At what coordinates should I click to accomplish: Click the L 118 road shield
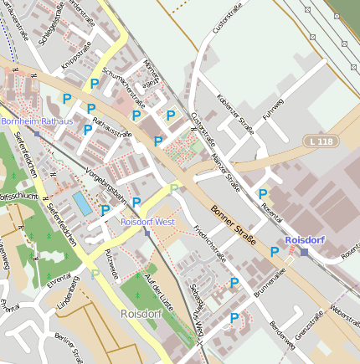click(318, 143)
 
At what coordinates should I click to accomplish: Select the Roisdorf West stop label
click(147, 222)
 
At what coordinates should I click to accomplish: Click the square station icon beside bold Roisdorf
click(304, 252)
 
